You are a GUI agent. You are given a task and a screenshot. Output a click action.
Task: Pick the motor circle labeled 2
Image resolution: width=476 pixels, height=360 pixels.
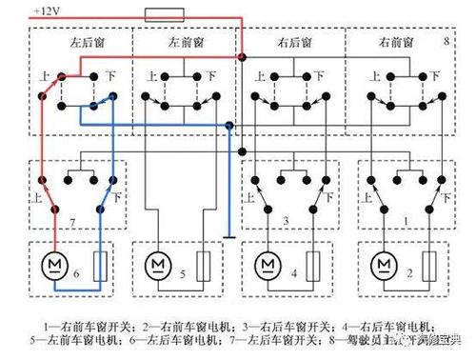[384, 262]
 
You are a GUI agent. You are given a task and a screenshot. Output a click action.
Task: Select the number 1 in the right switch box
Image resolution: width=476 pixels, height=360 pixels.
[407, 222]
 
